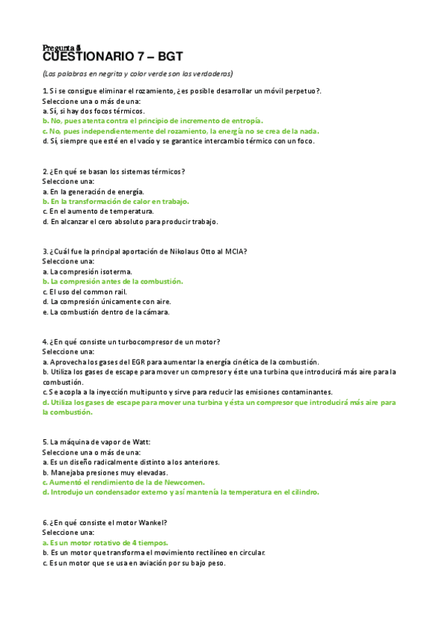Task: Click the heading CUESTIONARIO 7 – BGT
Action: (x=112, y=56)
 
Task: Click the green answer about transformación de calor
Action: (x=115, y=201)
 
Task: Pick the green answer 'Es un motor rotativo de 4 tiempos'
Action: (x=105, y=542)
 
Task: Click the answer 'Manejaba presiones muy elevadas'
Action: (x=105, y=472)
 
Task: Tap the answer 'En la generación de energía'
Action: (x=93, y=191)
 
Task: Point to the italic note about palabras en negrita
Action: (x=137, y=73)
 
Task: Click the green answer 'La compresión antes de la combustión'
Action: (x=111, y=282)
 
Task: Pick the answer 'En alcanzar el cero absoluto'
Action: (x=130, y=221)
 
